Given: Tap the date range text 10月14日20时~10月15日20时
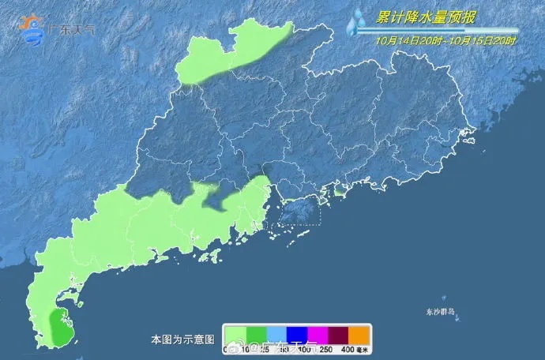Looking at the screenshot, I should click(x=446, y=39).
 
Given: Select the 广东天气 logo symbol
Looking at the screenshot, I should click(x=33, y=30).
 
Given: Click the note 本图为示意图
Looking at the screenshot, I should click(x=182, y=339).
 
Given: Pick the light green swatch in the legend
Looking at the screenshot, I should click(x=235, y=336).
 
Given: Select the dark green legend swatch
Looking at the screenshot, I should click(x=256, y=336).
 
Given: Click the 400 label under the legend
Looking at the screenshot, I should click(x=348, y=349).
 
